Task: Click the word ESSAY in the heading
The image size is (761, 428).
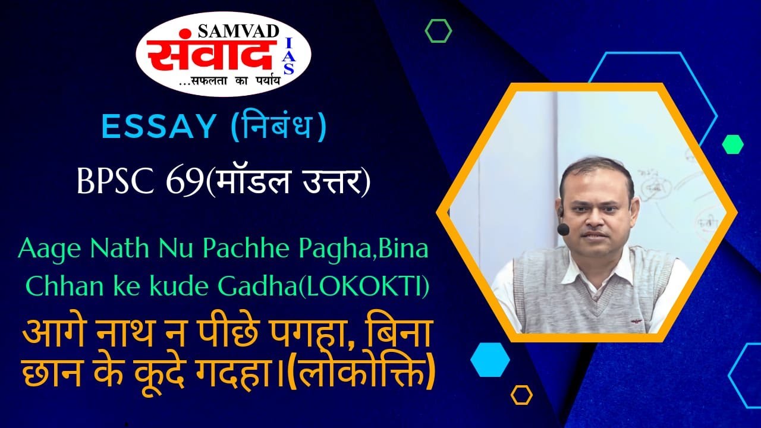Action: [x=158, y=127]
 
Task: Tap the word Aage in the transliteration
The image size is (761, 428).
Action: [x=45, y=249]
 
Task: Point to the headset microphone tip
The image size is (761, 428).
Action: [x=562, y=229]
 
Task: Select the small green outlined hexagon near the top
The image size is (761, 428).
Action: [x=438, y=30]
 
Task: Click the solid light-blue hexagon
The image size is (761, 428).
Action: [x=490, y=360]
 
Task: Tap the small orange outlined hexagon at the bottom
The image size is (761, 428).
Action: [x=521, y=395]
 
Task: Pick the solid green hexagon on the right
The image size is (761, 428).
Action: [x=732, y=144]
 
